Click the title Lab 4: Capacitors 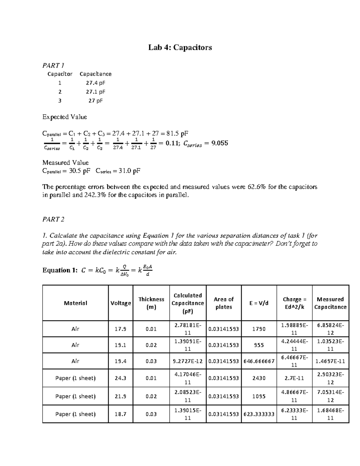180,47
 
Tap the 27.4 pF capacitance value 95,83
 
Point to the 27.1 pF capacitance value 95,92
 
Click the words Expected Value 64,117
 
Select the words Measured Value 65,163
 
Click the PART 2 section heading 53,219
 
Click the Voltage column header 121,303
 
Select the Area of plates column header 223,303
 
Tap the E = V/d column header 259,303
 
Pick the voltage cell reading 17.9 121,329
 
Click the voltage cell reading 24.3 121,378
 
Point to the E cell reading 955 259,345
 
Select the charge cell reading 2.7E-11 294,378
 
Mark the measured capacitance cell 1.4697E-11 330,361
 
